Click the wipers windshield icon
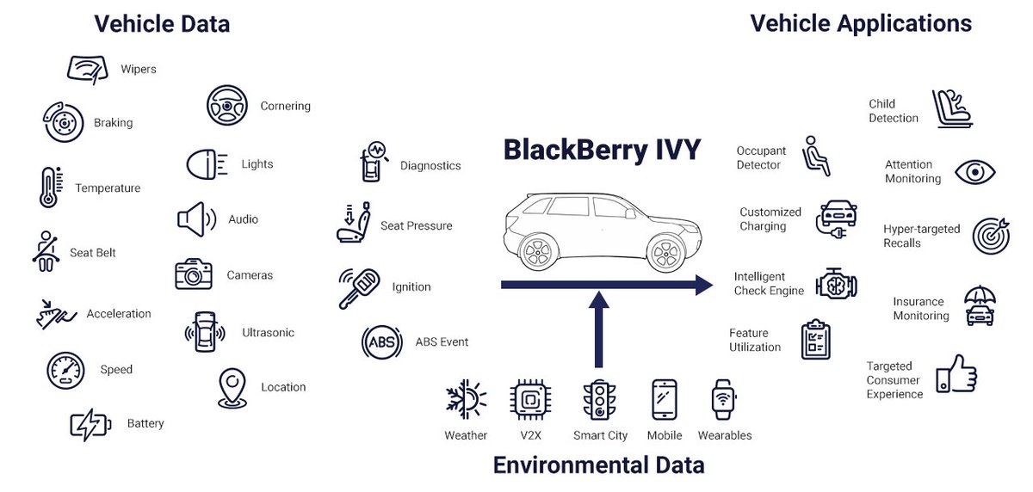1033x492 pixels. tap(89, 69)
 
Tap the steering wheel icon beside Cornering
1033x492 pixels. tap(227, 106)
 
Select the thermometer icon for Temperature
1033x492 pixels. tap(49, 188)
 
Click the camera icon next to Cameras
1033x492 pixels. tap(194, 274)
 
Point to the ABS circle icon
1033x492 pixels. tap(381, 341)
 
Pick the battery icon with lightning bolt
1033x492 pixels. tap(90, 424)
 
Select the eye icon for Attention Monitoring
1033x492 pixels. tap(974, 172)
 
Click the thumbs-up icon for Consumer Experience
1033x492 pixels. tap(956, 375)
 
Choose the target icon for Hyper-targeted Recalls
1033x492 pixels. tap(991, 236)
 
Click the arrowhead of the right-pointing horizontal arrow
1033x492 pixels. tap(702, 285)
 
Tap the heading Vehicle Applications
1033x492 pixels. tap(861, 23)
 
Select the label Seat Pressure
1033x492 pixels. tap(416, 226)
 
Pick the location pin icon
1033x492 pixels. tap(232, 388)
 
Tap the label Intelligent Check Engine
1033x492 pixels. tap(769, 284)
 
